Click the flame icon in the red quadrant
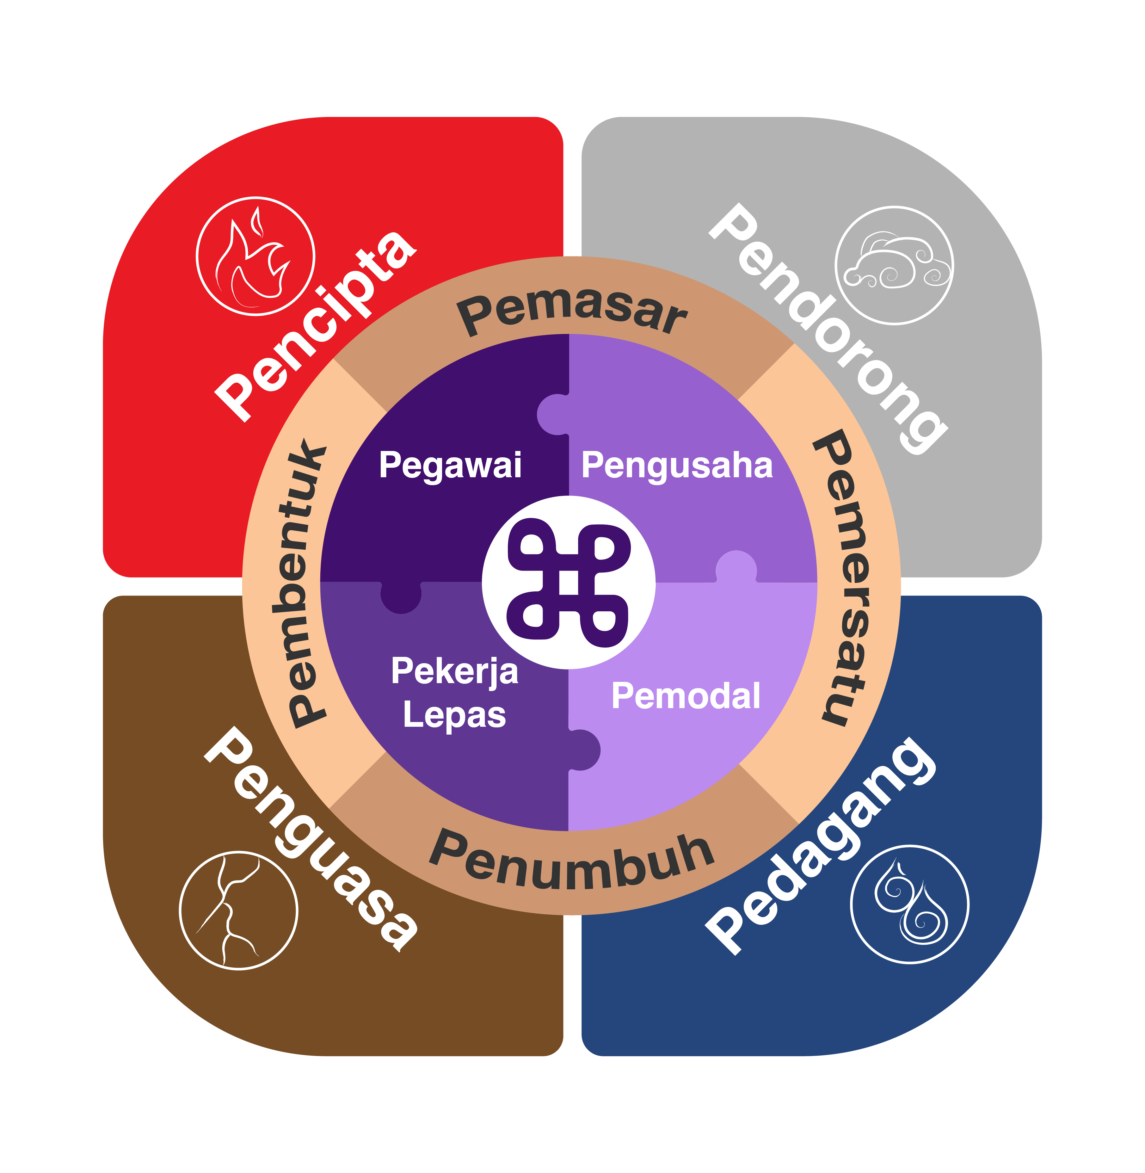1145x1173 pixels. (x=255, y=256)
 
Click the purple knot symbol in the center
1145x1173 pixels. (x=569, y=582)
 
